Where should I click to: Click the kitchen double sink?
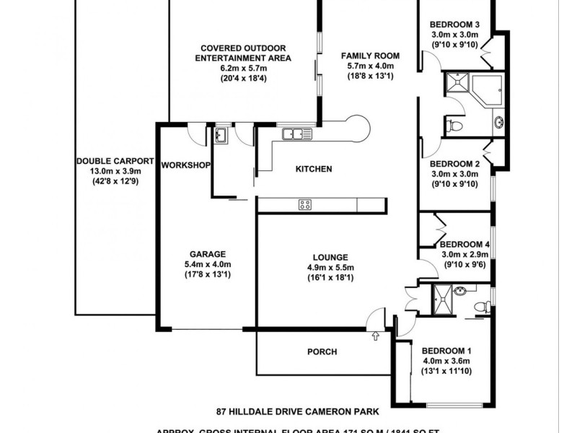click(296, 133)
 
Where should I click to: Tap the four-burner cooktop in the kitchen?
click(305, 205)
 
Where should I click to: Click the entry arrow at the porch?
click(376, 336)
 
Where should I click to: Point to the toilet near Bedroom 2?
click(452, 126)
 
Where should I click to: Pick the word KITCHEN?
click(314, 169)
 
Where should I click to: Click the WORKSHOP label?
click(185, 165)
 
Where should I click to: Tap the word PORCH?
click(322, 352)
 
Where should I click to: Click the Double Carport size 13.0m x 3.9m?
click(115, 171)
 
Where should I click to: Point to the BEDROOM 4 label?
click(464, 244)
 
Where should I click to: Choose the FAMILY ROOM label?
click(370, 56)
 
